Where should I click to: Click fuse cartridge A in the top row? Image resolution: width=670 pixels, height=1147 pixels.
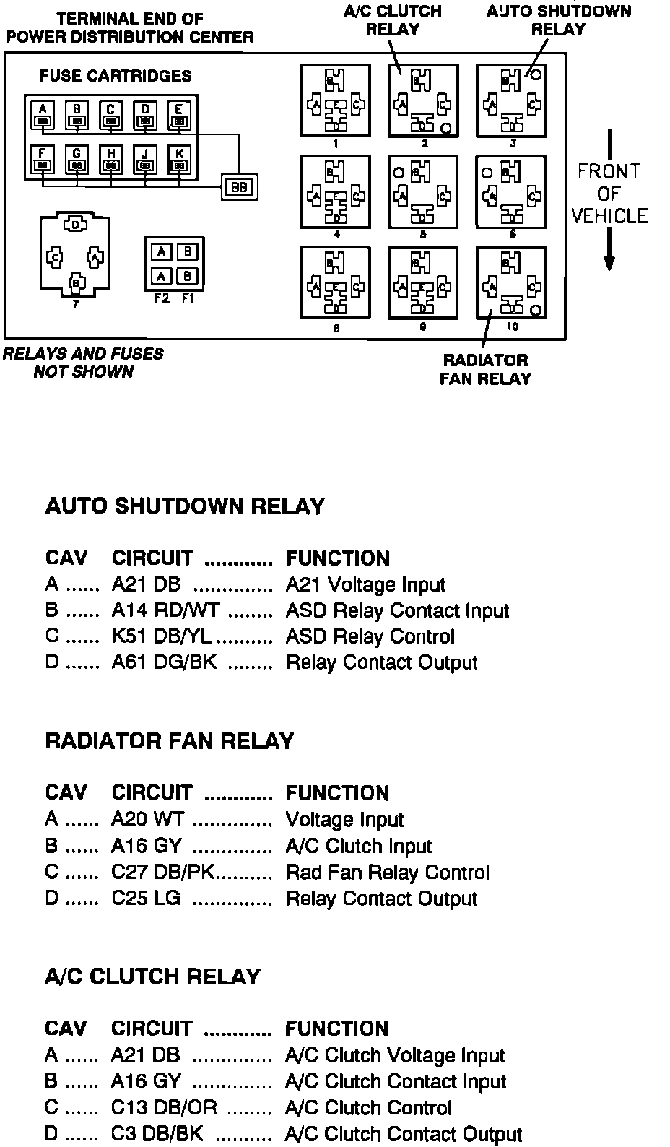point(43,114)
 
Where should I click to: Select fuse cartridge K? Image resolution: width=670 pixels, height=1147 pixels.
point(179,160)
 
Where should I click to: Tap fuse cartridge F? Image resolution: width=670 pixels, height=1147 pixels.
point(43,160)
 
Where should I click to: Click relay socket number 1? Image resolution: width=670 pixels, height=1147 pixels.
point(336,100)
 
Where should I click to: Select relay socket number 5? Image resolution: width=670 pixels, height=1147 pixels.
point(423,191)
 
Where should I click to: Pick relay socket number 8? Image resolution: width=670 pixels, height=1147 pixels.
point(336,283)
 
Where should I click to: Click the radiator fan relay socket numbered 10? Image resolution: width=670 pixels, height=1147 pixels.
point(511,283)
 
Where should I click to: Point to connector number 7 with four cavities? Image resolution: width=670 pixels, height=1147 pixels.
point(75,255)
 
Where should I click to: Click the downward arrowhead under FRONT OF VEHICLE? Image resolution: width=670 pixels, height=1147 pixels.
point(609,263)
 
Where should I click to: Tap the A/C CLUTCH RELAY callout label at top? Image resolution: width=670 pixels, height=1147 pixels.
point(393,20)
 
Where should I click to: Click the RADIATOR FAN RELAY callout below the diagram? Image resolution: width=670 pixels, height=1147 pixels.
point(485,369)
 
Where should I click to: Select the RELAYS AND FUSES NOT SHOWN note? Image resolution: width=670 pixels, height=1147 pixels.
point(83,363)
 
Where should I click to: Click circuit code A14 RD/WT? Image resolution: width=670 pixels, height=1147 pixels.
point(165,611)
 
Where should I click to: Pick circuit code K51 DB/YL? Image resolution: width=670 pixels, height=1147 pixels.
point(162,637)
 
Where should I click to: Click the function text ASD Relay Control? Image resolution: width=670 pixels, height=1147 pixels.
point(370,637)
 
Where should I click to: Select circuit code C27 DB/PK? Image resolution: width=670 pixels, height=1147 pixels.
point(163,873)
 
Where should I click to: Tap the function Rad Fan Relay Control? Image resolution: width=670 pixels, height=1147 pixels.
point(388,873)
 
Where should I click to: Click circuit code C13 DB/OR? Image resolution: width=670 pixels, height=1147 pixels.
point(164,1108)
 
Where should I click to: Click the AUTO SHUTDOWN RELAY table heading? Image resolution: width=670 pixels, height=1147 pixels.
point(185,506)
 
